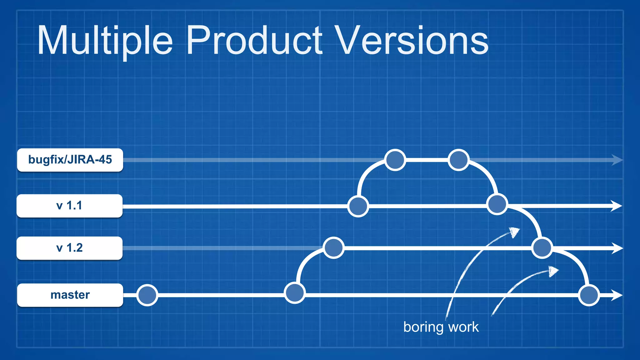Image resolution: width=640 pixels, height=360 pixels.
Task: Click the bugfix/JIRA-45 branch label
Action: [x=70, y=160]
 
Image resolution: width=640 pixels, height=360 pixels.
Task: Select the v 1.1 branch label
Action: [x=69, y=206]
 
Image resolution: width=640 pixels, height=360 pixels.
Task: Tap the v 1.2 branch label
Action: [x=69, y=248]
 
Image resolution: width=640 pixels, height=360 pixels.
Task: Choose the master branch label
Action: [x=70, y=295]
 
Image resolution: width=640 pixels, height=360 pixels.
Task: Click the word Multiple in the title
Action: [x=105, y=41]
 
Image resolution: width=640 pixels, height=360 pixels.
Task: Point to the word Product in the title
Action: [x=254, y=41]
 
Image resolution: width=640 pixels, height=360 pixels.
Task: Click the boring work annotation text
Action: [x=441, y=327]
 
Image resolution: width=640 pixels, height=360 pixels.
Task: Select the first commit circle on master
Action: [x=147, y=295]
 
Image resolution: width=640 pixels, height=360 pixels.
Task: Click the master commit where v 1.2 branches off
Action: [x=295, y=293]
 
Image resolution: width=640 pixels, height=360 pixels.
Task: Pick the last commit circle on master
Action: [x=589, y=295]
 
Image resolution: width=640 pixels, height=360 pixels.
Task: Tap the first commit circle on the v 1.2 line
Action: [x=334, y=248]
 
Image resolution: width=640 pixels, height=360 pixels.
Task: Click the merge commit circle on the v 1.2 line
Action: [x=542, y=248]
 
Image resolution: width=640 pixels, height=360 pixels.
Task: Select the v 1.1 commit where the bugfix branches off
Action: [x=358, y=206]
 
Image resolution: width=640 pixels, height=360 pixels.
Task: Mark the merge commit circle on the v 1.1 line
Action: [x=497, y=204]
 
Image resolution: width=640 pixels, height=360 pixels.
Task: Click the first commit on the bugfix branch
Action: [x=395, y=160]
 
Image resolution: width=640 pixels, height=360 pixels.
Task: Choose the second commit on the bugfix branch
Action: [x=458, y=160]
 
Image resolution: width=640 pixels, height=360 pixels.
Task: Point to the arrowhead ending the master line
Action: [x=617, y=295]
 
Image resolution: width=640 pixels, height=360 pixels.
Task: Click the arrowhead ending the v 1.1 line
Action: [x=617, y=206]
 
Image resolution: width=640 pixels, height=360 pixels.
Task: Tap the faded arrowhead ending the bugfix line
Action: [x=617, y=160]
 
